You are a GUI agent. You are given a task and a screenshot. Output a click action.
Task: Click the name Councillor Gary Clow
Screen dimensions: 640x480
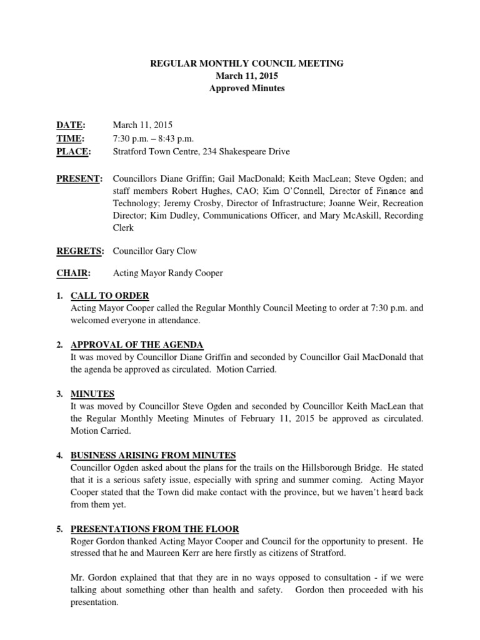155,251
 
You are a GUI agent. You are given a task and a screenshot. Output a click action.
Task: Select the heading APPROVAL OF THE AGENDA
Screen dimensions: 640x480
137,345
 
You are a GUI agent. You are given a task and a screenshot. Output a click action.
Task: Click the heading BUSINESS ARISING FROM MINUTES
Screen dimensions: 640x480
153,456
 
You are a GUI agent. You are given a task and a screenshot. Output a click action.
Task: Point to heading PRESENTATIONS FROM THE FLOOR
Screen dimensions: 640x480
155,529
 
